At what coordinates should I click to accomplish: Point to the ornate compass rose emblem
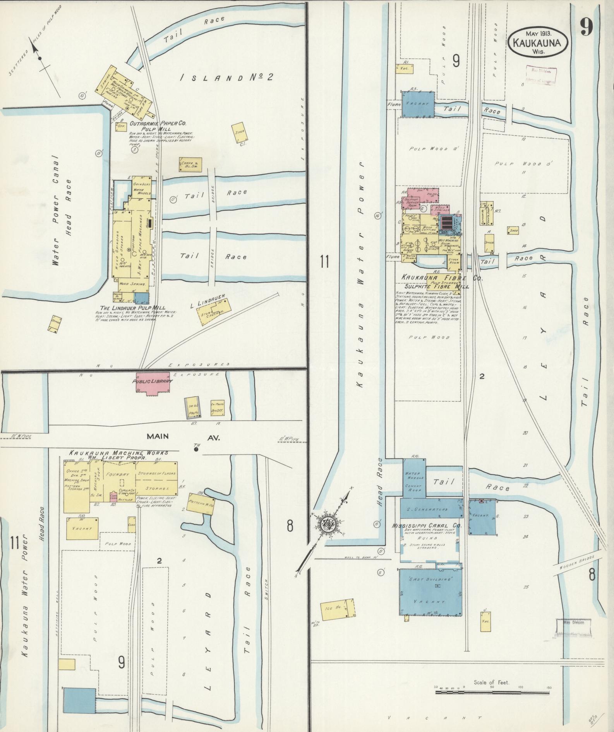pos(330,525)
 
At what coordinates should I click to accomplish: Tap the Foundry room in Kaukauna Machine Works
pos(120,473)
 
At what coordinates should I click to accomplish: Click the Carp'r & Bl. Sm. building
pos(190,165)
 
